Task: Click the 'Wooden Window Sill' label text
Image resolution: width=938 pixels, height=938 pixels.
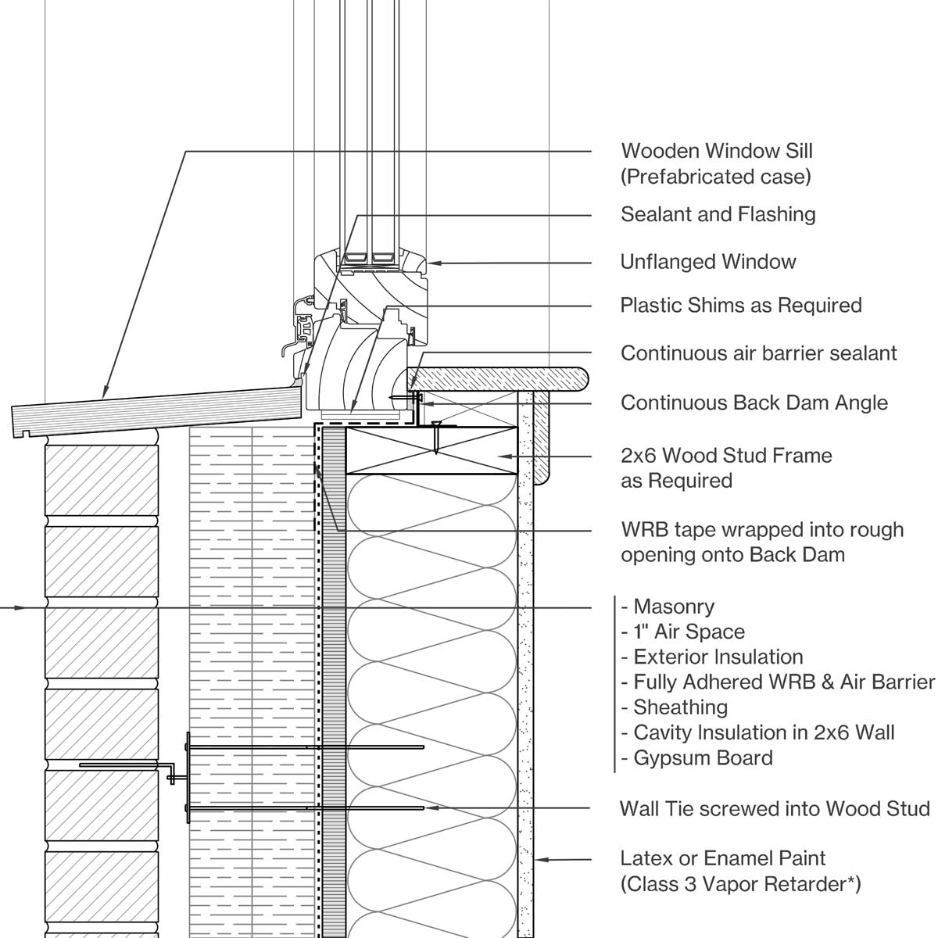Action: click(x=716, y=151)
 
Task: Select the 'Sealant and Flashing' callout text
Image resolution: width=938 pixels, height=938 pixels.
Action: click(x=718, y=215)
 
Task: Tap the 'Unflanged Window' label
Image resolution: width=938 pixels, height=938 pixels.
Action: click(x=707, y=262)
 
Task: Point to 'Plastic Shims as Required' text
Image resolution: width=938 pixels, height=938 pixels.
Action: click(x=740, y=305)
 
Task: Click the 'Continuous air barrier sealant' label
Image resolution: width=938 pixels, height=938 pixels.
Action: click(x=758, y=353)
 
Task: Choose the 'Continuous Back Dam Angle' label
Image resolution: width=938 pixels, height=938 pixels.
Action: click(x=754, y=403)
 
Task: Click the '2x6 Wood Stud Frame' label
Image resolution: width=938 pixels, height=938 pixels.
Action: click(x=725, y=456)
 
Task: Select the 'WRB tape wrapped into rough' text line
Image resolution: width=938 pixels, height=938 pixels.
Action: click(x=761, y=530)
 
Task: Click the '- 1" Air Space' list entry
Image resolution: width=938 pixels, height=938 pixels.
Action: click(x=682, y=632)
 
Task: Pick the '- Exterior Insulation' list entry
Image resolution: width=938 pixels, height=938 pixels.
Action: click(x=711, y=657)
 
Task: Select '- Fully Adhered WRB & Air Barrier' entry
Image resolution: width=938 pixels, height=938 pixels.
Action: click(x=778, y=682)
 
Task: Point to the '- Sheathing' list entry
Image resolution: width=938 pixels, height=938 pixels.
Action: click(x=674, y=707)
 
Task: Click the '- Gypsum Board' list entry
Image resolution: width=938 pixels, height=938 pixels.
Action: click(x=696, y=758)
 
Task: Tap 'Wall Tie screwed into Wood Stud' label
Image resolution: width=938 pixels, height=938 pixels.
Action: click(x=774, y=808)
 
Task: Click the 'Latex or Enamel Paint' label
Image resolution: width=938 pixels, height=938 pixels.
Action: click(x=722, y=858)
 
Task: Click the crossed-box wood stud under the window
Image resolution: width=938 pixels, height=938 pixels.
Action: click(x=431, y=450)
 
